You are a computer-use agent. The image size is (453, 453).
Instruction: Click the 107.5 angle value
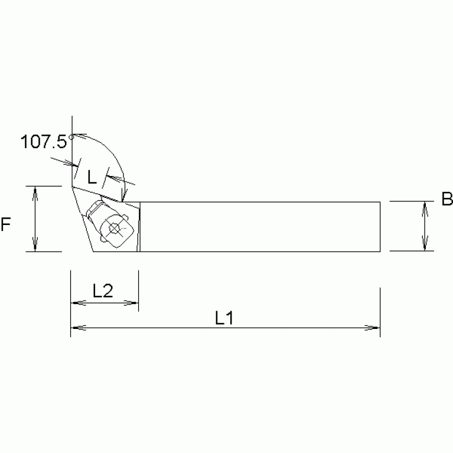(44, 142)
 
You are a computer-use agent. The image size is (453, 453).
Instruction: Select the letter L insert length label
(92, 177)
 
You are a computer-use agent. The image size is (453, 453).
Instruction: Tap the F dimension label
(6, 224)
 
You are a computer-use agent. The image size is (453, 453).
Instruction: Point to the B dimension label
(447, 200)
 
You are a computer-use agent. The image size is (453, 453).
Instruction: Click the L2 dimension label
(103, 290)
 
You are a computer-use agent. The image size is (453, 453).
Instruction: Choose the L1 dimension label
(224, 318)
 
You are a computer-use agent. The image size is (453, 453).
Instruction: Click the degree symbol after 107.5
(71, 137)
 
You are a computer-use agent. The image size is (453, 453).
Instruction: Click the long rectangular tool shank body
(260, 227)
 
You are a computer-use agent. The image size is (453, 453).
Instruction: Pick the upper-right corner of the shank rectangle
(380, 202)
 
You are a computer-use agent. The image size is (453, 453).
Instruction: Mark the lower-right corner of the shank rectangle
(380, 252)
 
